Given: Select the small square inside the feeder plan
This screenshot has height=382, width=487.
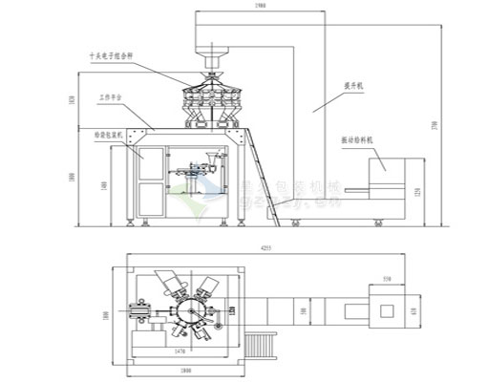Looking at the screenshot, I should click(387, 309).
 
